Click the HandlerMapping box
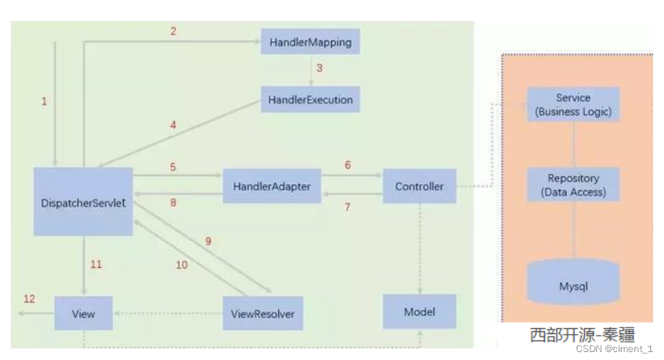[x=310, y=42]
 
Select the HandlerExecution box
[x=310, y=100]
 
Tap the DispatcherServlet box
[x=84, y=202]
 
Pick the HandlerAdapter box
[x=272, y=186]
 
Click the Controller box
[x=419, y=186]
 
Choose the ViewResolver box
[x=262, y=314]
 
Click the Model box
[x=419, y=312]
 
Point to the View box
[x=84, y=314]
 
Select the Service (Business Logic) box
[x=573, y=104]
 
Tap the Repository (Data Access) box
[x=573, y=185]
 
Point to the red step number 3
[x=319, y=69]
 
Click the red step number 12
[x=29, y=299]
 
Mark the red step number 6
[x=348, y=165]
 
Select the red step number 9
[x=208, y=241]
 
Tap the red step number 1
[x=44, y=101]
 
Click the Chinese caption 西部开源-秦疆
[x=581, y=335]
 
